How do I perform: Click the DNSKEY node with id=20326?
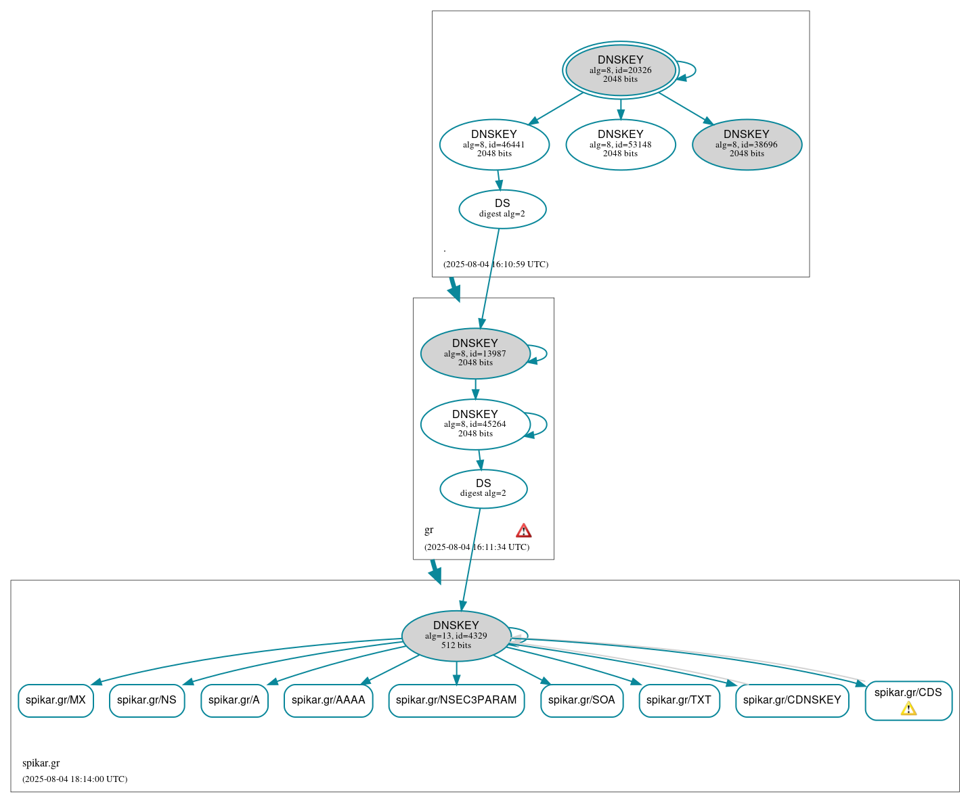click(x=620, y=70)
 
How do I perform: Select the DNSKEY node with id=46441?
click(x=494, y=144)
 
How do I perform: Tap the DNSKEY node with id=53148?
click(x=620, y=144)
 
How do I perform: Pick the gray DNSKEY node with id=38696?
click(x=747, y=144)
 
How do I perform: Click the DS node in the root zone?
click(x=502, y=209)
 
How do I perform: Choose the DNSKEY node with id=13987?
click(x=475, y=353)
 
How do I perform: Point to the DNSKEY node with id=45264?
click(x=475, y=424)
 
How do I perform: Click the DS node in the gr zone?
click(x=483, y=488)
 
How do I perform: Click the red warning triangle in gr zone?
click(x=523, y=530)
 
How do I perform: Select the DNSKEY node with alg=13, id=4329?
click(x=456, y=636)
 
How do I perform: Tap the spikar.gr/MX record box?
click(x=56, y=700)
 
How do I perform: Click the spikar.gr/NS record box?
click(x=147, y=700)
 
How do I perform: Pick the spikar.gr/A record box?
click(x=234, y=700)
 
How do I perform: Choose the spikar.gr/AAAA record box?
click(x=328, y=700)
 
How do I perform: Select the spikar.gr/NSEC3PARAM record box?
click(x=456, y=700)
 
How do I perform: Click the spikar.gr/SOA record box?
click(x=581, y=700)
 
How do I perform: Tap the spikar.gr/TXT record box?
click(x=679, y=700)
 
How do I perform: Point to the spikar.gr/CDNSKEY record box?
click(x=792, y=700)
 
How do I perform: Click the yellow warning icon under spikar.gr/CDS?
click(x=908, y=708)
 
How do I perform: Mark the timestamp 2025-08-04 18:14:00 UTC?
click(x=74, y=779)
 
